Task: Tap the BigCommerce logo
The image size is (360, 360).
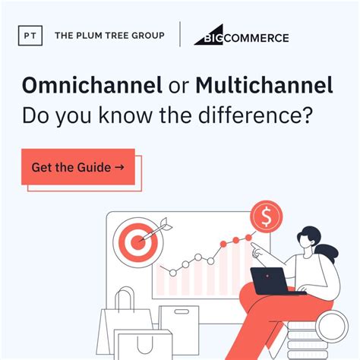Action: [x=241, y=36]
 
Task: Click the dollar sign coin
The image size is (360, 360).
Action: [x=267, y=216]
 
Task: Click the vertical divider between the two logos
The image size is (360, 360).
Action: [x=179, y=36]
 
